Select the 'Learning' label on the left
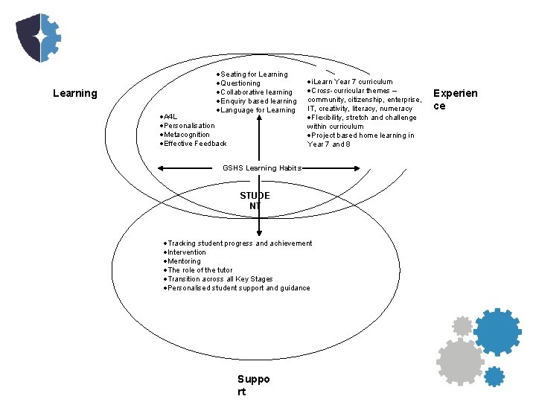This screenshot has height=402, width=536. [x=75, y=93]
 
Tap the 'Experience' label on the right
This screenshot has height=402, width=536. [x=455, y=100]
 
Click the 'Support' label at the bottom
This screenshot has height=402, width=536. [x=253, y=386]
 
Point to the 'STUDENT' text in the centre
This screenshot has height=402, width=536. [x=255, y=200]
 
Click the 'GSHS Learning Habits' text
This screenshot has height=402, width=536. [x=261, y=168]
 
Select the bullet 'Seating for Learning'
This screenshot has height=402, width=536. [x=253, y=74]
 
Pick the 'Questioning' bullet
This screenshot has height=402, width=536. [x=240, y=83]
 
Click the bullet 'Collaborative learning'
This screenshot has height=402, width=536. [x=255, y=92]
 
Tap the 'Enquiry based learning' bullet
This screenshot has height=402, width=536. [x=258, y=101]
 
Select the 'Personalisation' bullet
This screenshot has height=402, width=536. [x=188, y=126]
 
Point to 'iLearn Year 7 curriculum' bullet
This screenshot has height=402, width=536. [x=351, y=82]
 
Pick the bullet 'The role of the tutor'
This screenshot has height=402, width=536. [x=199, y=270]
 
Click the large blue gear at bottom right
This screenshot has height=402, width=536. [x=497, y=331]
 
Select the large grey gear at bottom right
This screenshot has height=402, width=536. [x=459, y=362]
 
